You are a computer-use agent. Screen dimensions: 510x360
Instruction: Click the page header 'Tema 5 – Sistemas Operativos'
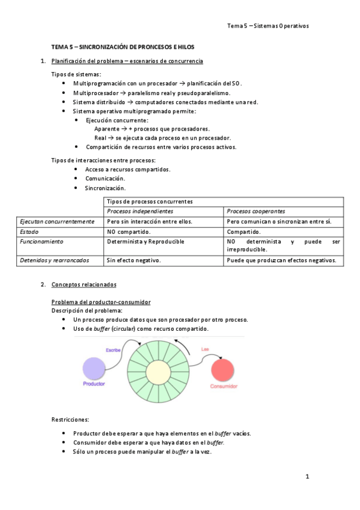point(267,26)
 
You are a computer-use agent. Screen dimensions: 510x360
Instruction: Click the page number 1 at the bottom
point(307,477)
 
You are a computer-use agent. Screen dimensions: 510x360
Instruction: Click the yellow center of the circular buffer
point(159,372)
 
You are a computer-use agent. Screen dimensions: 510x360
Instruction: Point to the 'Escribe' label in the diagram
point(114,349)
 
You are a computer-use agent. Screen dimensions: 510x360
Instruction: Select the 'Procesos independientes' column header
point(140,211)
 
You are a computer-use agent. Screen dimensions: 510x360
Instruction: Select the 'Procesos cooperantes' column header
point(256,211)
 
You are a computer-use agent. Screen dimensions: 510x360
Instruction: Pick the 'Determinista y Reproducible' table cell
point(145,241)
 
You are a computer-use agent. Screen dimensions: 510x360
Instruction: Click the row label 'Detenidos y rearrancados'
point(55,260)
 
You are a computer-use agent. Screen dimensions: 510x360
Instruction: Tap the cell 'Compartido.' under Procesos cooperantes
point(244,232)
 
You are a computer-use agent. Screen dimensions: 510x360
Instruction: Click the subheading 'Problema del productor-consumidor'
point(101,301)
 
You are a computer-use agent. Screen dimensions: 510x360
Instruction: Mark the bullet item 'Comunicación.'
point(105,179)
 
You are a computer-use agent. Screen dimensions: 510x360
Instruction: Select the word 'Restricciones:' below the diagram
point(70,419)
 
